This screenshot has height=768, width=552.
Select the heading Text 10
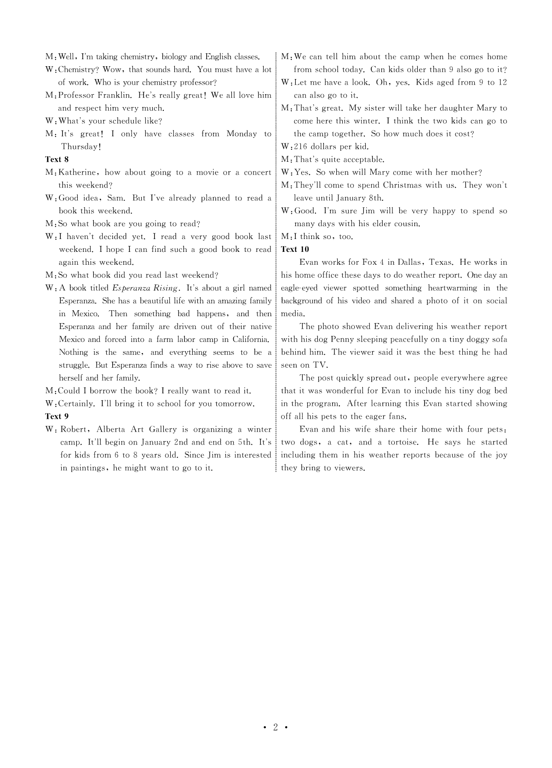[295, 249]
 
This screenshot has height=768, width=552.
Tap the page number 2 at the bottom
[276, 727]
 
